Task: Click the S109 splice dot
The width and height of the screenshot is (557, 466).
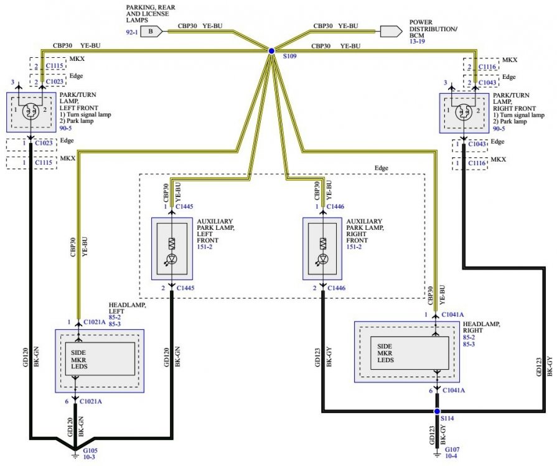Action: (271, 51)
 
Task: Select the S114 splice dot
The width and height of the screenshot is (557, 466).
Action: (437, 411)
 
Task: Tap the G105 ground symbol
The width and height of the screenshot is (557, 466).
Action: (75, 454)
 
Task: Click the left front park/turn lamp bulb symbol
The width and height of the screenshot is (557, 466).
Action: (30, 112)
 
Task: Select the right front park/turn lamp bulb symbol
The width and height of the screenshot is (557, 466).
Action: (463, 112)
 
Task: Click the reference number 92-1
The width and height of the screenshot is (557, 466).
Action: (131, 30)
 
